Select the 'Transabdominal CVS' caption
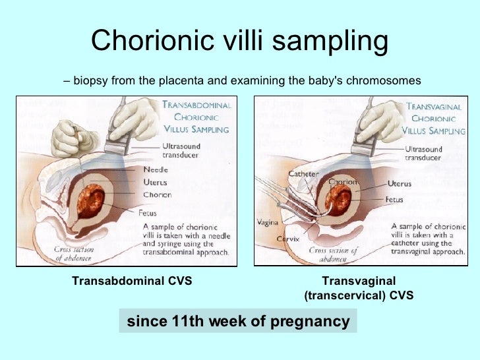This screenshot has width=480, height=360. click(132, 281)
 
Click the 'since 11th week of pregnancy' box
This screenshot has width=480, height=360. click(237, 321)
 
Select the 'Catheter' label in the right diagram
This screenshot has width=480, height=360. click(303, 174)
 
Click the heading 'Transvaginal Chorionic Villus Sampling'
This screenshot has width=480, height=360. click(434, 118)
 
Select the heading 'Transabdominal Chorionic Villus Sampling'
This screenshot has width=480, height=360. click(196, 117)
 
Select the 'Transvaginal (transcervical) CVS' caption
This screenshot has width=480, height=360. click(359, 288)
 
